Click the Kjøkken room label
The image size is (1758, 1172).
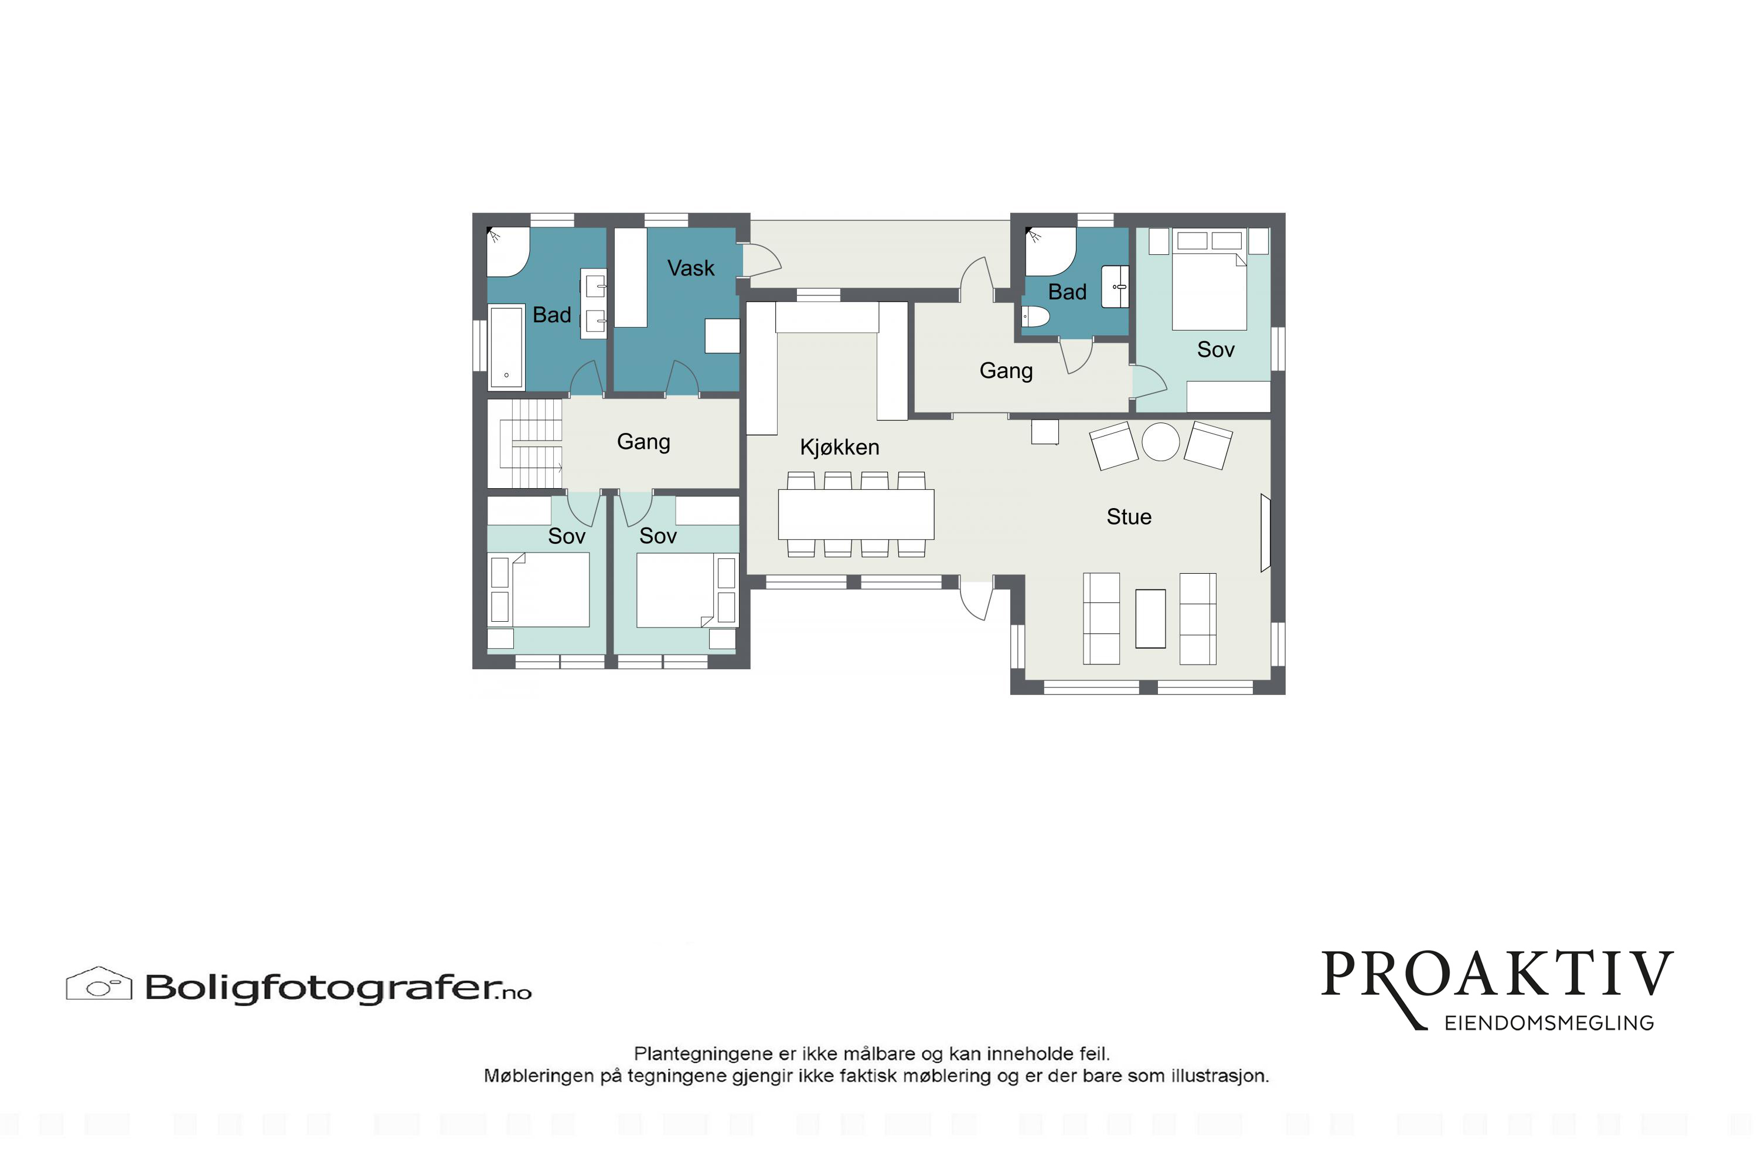click(x=839, y=447)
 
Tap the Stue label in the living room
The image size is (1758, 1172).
click(x=1129, y=516)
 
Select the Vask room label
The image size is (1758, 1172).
click(x=691, y=268)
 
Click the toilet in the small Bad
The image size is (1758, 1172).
click(x=1036, y=317)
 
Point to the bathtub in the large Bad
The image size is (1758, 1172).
click(x=506, y=347)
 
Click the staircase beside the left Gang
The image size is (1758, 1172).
click(x=524, y=444)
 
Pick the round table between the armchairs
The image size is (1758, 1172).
click(x=1161, y=442)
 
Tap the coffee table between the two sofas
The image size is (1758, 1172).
click(x=1150, y=618)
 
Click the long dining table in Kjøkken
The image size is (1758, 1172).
click(x=856, y=515)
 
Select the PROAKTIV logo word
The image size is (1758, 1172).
click(x=1497, y=975)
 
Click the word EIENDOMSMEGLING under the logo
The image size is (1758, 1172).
click(x=1549, y=1023)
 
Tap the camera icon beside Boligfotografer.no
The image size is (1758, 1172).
click(x=100, y=984)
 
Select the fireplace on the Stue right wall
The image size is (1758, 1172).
click(x=1265, y=533)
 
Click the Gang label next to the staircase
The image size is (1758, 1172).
click(x=643, y=442)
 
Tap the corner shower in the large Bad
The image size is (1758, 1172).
click(x=508, y=252)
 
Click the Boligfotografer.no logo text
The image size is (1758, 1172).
click(x=338, y=987)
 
